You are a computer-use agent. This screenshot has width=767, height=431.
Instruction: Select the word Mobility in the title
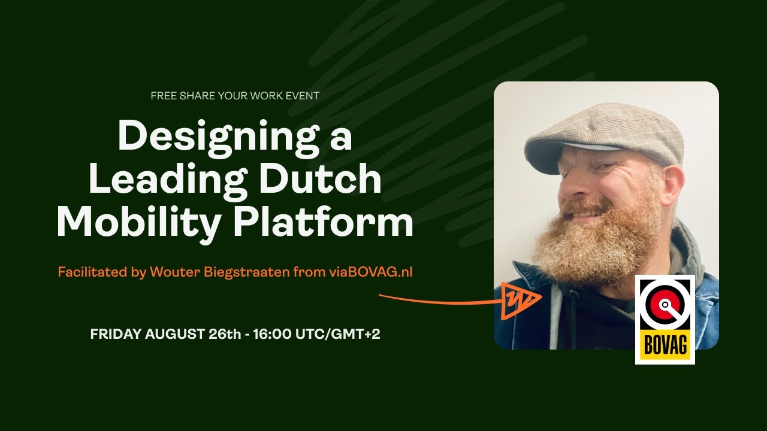coord(138,223)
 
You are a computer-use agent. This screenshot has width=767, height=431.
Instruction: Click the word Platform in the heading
coord(324,223)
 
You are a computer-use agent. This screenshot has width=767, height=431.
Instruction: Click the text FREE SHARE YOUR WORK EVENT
coord(235,96)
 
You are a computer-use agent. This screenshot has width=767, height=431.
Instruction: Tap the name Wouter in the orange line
coord(170,272)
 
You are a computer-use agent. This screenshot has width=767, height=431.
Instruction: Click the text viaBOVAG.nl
coord(370,272)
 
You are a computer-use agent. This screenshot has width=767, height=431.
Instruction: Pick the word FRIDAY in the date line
coord(116,334)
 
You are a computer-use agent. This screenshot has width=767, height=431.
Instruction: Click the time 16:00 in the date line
coord(273,334)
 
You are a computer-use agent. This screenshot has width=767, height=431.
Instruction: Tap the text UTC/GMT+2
coord(338,334)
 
